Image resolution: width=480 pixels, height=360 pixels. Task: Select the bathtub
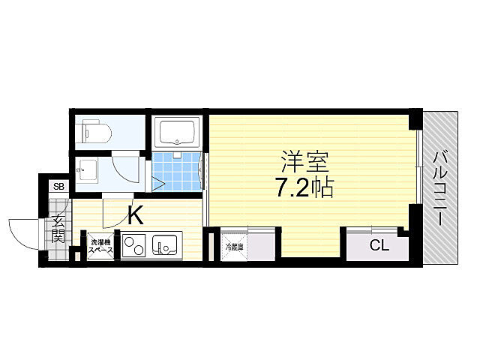177,133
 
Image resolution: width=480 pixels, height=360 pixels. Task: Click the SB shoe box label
58,187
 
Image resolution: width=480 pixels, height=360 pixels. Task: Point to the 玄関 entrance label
58,231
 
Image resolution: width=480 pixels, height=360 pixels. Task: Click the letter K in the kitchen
135,216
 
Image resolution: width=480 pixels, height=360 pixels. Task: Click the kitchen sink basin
164,245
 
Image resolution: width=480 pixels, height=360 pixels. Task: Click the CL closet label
379,245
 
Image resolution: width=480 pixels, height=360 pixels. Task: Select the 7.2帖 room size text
304,188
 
